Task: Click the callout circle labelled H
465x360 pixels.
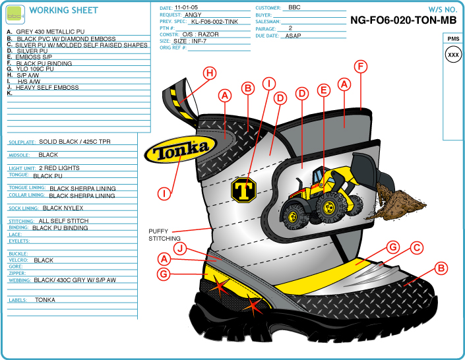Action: point(209,73)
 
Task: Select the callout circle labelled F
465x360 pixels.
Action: point(360,66)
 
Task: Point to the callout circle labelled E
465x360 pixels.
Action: point(323,90)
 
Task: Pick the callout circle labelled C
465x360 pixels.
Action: point(416,248)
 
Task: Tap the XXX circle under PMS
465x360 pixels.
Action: point(453,55)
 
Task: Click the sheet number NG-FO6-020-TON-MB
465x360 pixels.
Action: point(403,20)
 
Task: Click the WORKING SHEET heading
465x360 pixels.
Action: point(64,11)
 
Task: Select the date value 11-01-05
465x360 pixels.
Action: point(187,7)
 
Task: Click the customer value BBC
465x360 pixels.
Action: point(295,7)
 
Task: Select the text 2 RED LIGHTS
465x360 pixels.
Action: point(59,168)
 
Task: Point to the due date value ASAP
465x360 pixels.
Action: point(294,36)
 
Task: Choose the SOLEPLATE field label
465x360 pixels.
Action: point(22,142)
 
